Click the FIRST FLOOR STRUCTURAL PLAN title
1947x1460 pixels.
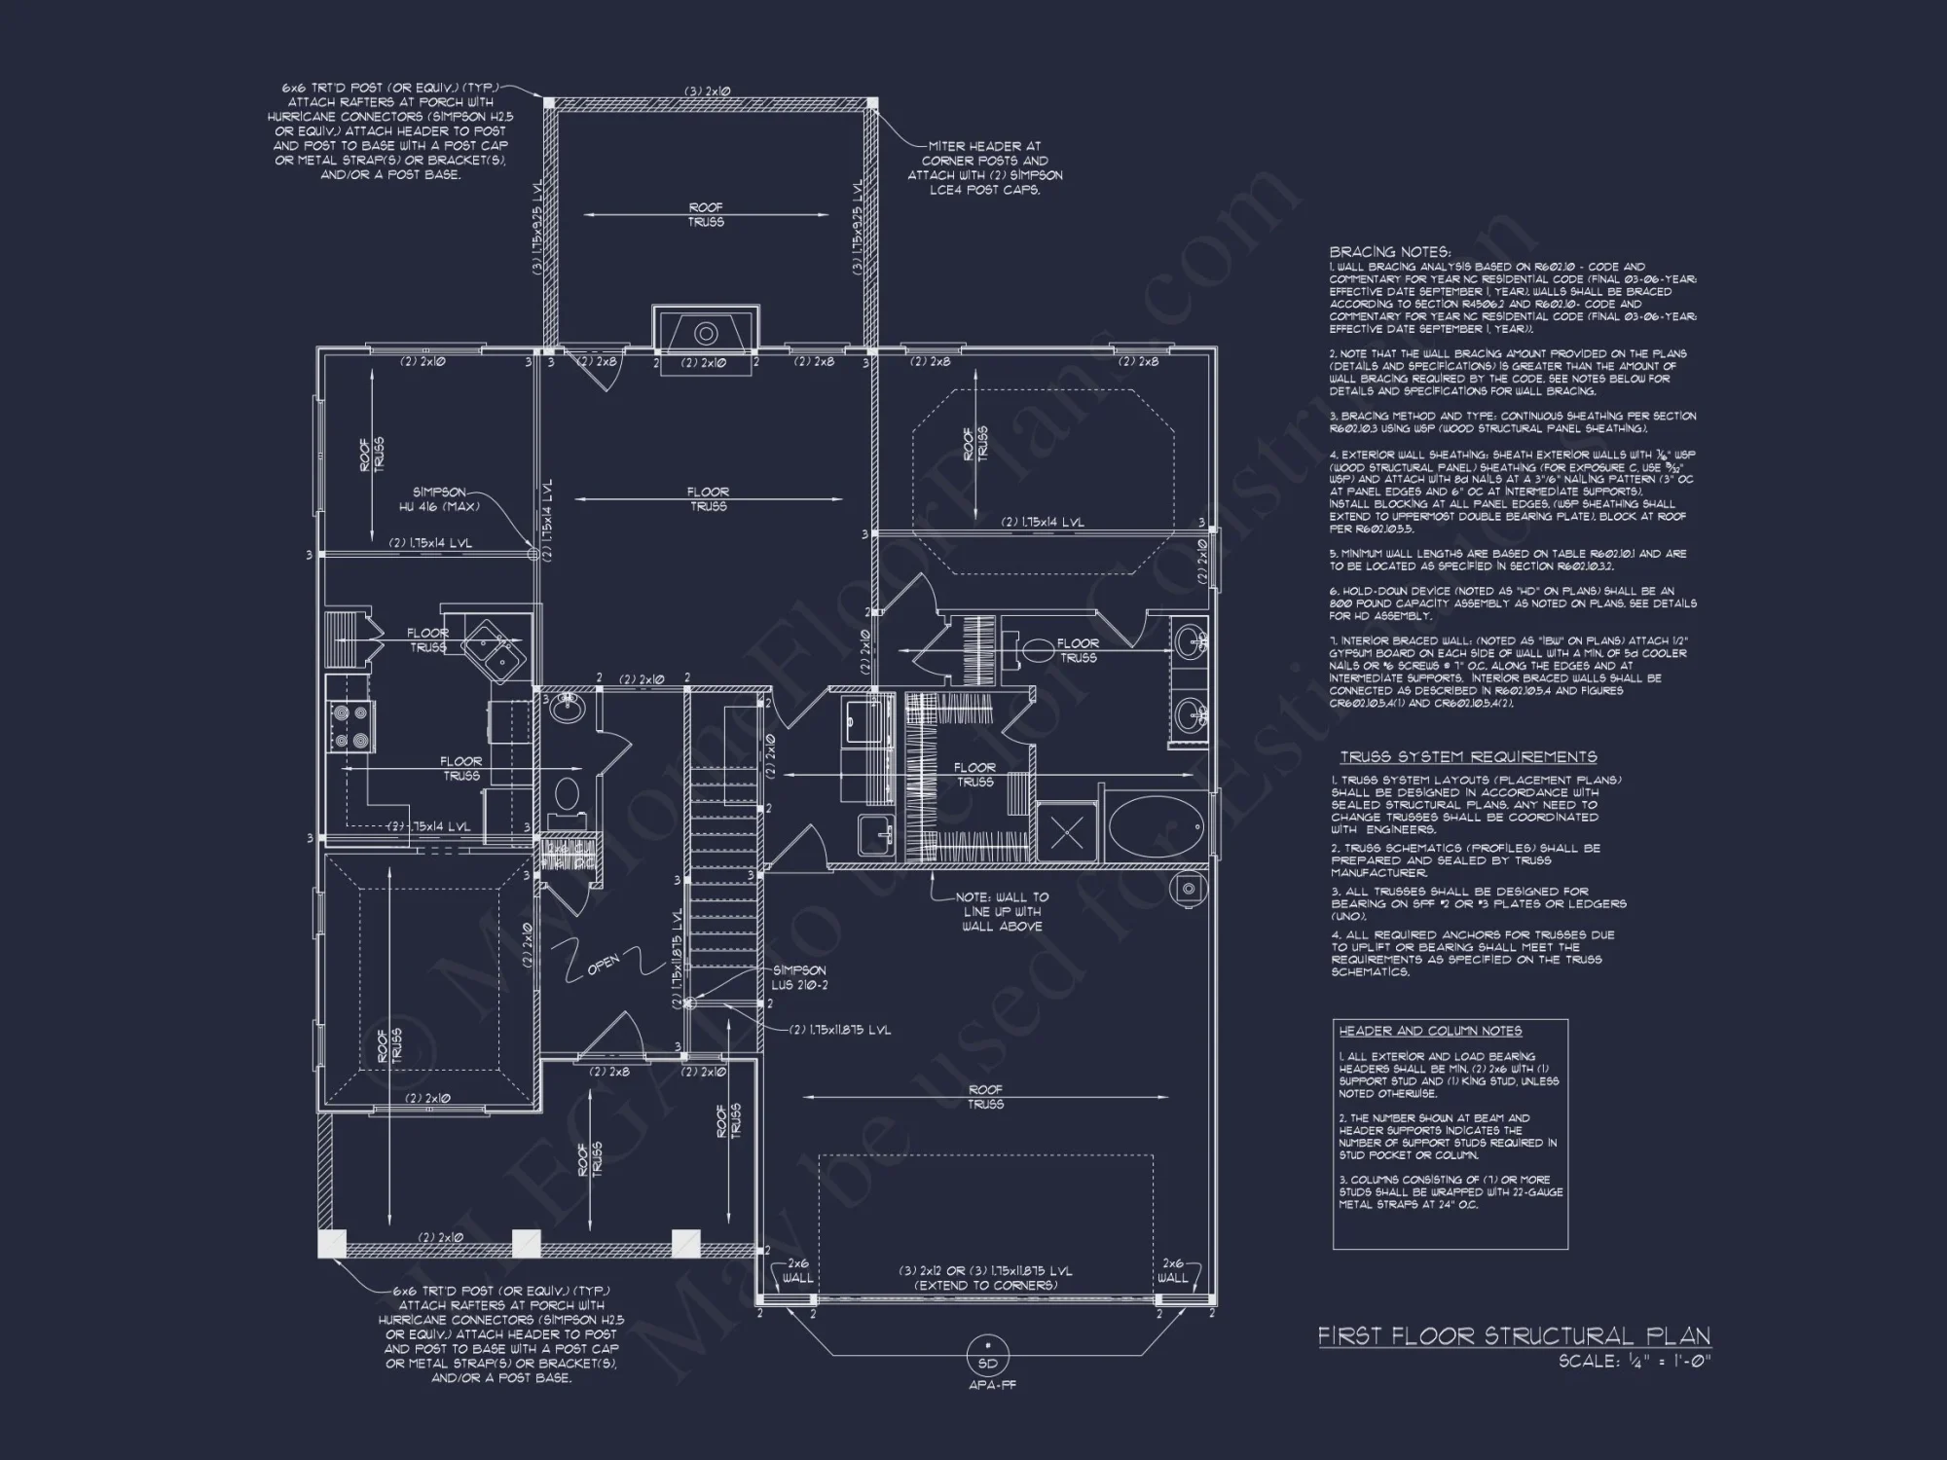pos(1514,1336)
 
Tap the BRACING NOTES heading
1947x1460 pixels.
pos(1390,251)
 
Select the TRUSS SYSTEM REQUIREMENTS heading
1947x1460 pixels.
pos(1468,757)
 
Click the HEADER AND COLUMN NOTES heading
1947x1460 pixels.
pos(1430,1031)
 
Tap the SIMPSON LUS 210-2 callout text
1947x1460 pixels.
pos(799,977)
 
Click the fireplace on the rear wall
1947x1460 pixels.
pos(706,333)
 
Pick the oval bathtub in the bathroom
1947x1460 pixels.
pos(1157,830)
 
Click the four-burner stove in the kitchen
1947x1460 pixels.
pos(352,726)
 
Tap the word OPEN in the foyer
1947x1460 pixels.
pos(603,964)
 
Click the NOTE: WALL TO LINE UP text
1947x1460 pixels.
pos(1002,911)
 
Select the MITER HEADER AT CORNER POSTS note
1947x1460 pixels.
pos(984,167)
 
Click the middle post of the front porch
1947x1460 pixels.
pos(527,1243)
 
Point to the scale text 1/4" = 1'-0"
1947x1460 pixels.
pos(1634,1362)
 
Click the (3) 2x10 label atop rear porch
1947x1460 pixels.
pos(708,91)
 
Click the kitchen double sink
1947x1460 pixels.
pos(496,647)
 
